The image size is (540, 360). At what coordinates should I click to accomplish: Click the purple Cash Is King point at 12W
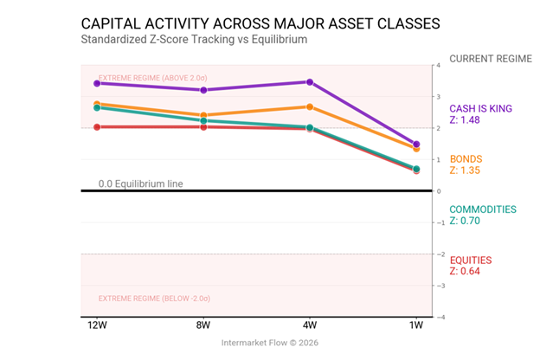coord(97,83)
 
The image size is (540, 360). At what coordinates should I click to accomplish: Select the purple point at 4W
coord(310,82)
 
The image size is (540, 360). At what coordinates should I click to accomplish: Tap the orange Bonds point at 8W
coord(203,115)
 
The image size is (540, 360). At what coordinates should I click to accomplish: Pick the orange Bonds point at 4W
coord(310,106)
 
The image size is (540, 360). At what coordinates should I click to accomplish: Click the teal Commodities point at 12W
coord(97,107)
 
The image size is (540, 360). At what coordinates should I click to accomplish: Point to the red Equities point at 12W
coord(97,126)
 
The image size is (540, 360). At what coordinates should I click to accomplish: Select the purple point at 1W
coord(416,145)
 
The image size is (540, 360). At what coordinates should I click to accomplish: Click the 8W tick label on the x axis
coord(203,326)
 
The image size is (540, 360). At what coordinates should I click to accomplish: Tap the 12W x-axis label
coord(97,326)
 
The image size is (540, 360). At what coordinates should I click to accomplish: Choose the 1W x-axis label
coord(416,326)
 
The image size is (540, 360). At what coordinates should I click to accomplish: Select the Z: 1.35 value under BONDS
coord(464,170)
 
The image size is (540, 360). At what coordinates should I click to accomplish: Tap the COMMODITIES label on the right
coord(482,209)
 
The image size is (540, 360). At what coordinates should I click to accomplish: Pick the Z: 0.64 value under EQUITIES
coord(464,271)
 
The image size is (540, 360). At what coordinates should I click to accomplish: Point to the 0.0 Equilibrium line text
coord(140,183)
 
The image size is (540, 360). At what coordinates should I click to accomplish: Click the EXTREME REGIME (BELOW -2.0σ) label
coord(154,298)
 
